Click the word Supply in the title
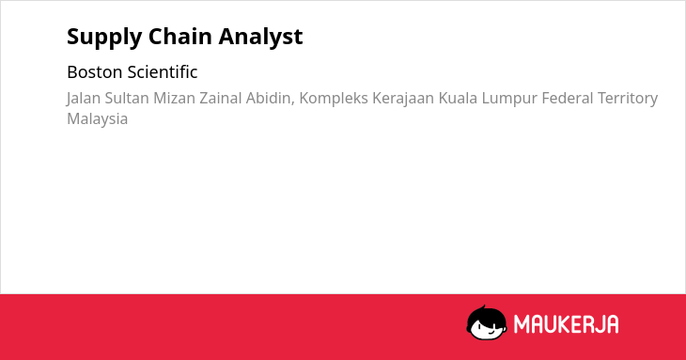tap(104, 38)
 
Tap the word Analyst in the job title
tap(260, 38)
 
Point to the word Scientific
tap(163, 72)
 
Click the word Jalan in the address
tap(84, 99)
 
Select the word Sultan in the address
tap(127, 98)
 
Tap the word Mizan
tap(174, 98)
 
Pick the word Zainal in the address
tap(221, 98)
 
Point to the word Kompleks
tap(334, 99)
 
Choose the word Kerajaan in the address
tap(403, 99)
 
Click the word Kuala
tap(458, 98)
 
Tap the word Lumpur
tap(509, 99)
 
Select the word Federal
tap(568, 98)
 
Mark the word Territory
tap(628, 99)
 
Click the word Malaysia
tap(97, 119)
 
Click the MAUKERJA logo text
tap(566, 324)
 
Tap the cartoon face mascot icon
tap(487, 322)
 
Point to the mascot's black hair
tap(486, 313)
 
